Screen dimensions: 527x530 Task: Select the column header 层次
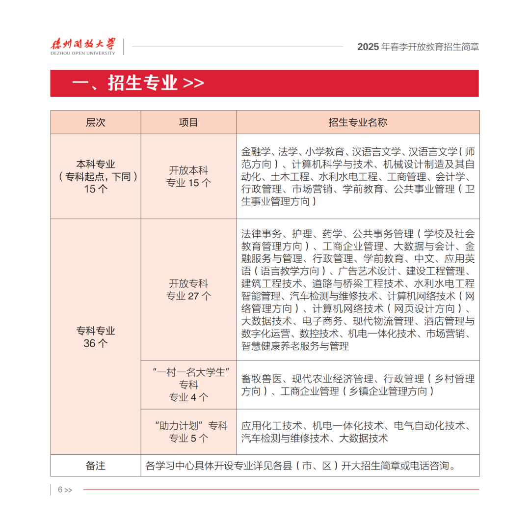(95, 122)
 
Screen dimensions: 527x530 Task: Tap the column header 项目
(188, 122)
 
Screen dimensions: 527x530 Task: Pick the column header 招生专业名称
(358, 122)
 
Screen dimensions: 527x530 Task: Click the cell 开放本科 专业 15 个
(188, 177)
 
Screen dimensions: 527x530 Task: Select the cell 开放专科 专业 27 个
(188, 290)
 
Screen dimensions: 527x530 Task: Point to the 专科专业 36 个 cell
(95, 337)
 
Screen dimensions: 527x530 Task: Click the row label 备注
(95, 466)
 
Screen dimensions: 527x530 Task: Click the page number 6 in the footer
(60, 490)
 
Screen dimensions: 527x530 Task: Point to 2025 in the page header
(368, 47)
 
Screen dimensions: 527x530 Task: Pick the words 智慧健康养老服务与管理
(295, 346)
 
